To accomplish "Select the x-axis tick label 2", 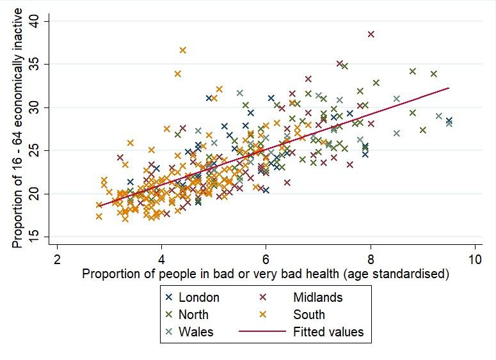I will click(x=57, y=259).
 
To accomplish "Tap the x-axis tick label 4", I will click(x=161, y=259).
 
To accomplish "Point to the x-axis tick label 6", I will click(x=266, y=259).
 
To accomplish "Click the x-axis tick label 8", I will click(x=371, y=259).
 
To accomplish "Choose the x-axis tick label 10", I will click(x=474, y=259).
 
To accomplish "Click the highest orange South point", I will click(x=183, y=50).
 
